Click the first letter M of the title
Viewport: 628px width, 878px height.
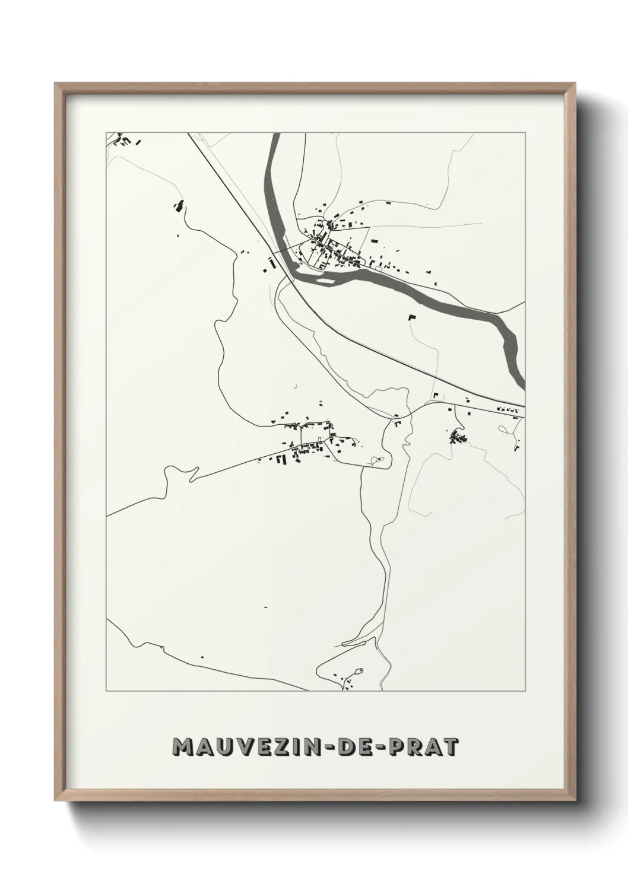(x=181, y=747)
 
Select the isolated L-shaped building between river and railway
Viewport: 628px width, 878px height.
(x=411, y=317)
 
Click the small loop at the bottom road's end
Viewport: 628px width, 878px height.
(x=359, y=670)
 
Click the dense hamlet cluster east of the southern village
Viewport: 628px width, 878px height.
(x=458, y=437)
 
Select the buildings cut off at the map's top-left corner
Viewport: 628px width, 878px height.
(x=123, y=141)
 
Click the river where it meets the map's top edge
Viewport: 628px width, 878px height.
(x=274, y=136)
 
